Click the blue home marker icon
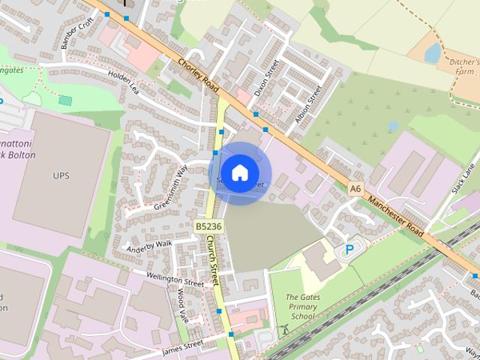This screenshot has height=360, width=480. pos(239,172)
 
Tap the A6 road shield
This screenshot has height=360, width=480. pos(355,190)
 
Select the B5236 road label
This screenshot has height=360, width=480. pos(208,226)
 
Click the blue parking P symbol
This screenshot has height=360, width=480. pos(349,250)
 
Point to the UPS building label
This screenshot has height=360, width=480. pos(61,175)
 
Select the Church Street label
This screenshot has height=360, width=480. pos(214,260)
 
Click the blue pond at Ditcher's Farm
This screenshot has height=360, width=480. pos(433,52)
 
